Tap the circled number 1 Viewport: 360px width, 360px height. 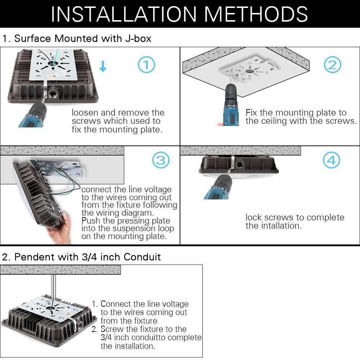[x=147, y=65]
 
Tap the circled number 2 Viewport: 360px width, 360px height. [x=332, y=65]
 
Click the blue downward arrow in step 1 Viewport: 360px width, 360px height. [x=103, y=66]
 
